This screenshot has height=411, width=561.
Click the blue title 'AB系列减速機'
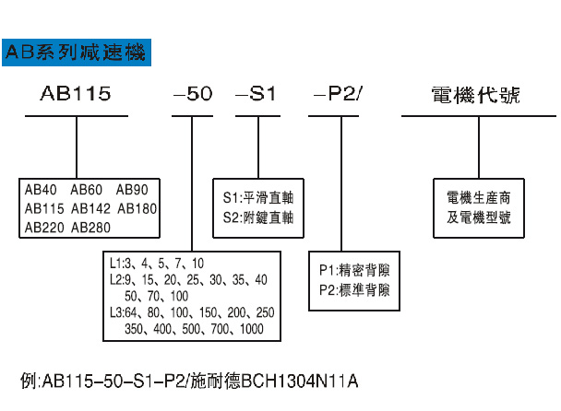pyautogui.click(x=74, y=53)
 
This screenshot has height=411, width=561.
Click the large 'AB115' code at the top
pyautogui.click(x=76, y=95)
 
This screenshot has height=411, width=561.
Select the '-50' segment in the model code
pyautogui.click(x=193, y=95)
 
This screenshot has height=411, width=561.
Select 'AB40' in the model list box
pyautogui.click(x=42, y=191)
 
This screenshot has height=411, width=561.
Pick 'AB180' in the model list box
pyautogui.click(x=137, y=208)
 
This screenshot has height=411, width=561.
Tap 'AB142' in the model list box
pyautogui.click(x=90, y=208)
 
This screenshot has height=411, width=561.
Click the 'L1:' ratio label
pyautogui.click(x=117, y=263)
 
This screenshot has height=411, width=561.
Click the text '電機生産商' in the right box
pyautogui.click(x=477, y=198)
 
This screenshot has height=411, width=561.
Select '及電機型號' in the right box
pyautogui.click(x=477, y=217)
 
